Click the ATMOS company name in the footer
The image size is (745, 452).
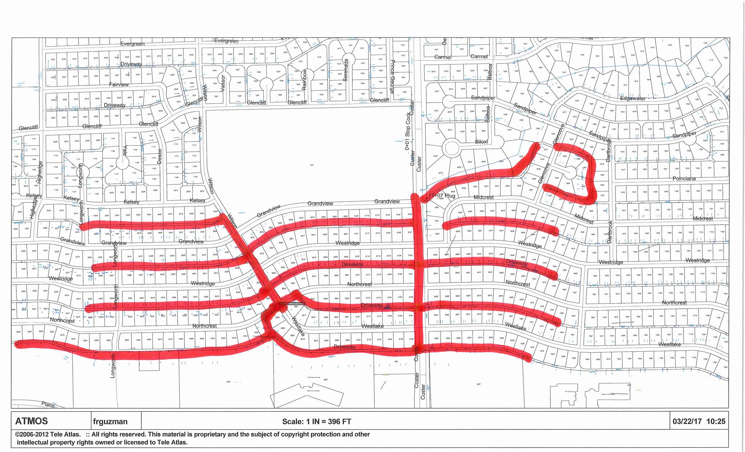(x=31, y=421)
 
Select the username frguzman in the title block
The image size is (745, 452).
(x=110, y=421)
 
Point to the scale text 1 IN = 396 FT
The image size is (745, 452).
(x=316, y=421)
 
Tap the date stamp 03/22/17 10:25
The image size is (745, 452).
(x=699, y=421)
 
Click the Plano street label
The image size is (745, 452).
(x=48, y=404)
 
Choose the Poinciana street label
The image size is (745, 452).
(x=684, y=179)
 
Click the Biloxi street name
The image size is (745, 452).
(x=481, y=142)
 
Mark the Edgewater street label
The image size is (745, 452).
(x=633, y=98)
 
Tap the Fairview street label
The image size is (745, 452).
(x=119, y=84)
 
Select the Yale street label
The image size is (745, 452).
(x=126, y=150)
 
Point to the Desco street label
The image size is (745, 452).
(x=159, y=156)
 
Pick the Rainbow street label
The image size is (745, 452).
(x=305, y=80)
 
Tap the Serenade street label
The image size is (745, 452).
(x=346, y=70)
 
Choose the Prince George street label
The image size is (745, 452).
(x=393, y=77)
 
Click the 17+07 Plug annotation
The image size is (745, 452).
(x=442, y=196)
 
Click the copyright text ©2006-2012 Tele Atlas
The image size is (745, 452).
(x=48, y=435)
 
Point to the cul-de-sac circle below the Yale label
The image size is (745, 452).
(x=122, y=165)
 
